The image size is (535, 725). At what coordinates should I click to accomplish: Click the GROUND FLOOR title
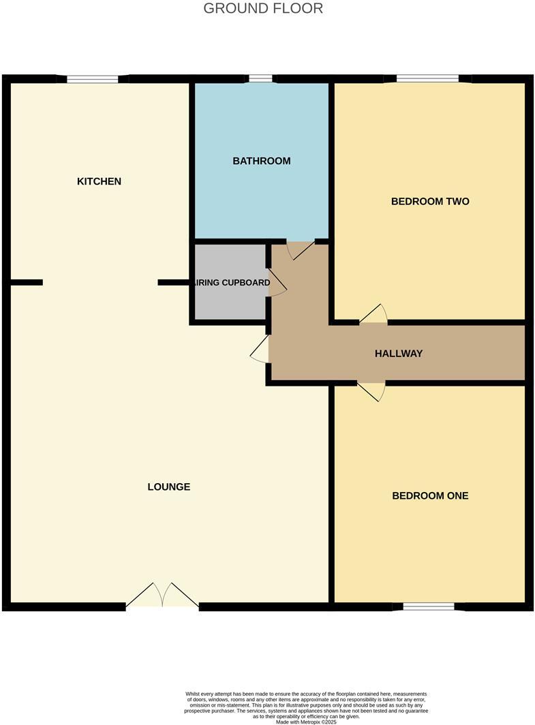point(263,9)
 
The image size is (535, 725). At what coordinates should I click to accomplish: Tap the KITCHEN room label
point(99,181)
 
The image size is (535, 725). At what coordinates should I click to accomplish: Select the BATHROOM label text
point(262,161)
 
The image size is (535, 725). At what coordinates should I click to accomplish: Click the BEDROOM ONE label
point(430,496)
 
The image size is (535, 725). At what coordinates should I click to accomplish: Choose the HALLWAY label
point(399,354)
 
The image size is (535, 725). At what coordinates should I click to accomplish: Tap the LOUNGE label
point(169,487)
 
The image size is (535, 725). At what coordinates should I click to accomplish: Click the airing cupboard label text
point(232,283)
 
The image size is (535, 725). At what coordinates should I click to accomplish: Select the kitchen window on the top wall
point(93,79)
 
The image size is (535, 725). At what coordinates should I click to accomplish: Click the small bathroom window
point(260,79)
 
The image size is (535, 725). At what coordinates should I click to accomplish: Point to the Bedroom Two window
point(428,79)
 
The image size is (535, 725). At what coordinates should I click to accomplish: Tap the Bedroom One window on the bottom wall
point(429,606)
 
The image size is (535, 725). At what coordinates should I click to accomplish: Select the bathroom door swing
point(300,249)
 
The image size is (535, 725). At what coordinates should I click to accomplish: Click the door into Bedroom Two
point(374,315)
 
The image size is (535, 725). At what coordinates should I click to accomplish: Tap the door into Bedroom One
point(372,391)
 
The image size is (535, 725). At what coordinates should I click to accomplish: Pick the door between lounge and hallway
point(260,349)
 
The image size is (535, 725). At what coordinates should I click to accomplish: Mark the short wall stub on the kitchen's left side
point(27,282)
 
